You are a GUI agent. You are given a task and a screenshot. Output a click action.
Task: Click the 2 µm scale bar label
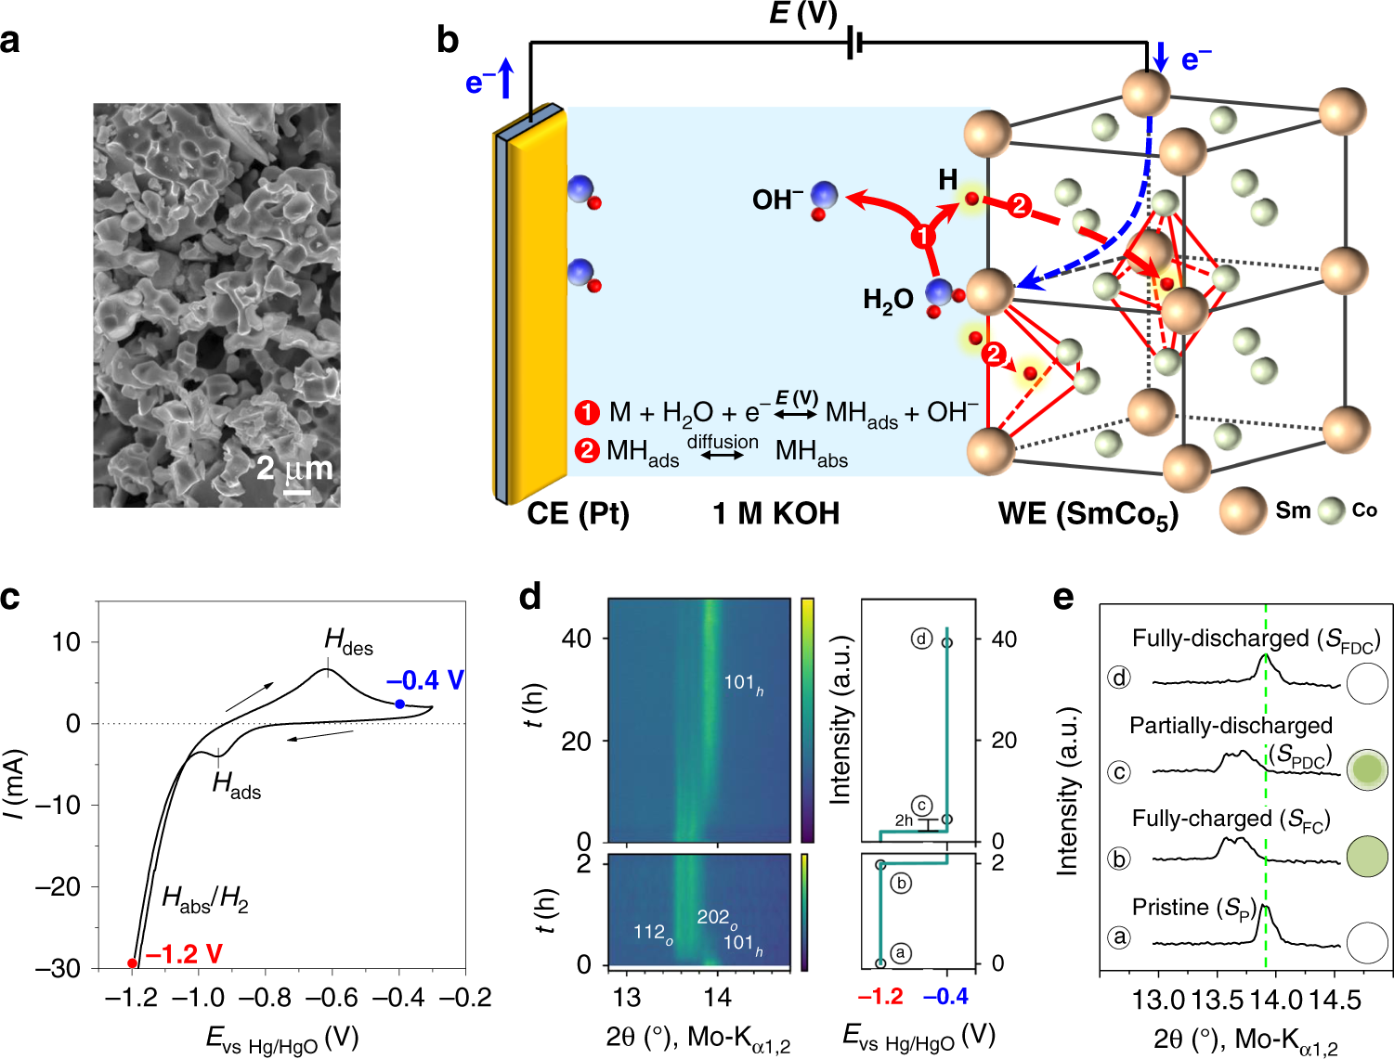click(294, 468)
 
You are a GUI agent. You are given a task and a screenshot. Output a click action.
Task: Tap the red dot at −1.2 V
click(133, 963)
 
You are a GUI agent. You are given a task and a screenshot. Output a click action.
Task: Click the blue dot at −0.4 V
click(399, 704)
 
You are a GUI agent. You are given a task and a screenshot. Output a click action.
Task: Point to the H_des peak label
click(348, 640)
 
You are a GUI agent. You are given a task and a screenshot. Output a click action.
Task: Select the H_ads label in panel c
click(236, 785)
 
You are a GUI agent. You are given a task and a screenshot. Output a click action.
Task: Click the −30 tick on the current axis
click(58, 967)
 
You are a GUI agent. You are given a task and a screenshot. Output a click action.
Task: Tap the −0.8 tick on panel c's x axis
click(266, 998)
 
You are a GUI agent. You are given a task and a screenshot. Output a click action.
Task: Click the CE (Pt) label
click(578, 513)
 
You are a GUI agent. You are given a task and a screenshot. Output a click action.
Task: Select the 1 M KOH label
click(775, 513)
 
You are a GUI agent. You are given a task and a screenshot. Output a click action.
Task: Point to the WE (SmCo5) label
click(1088, 514)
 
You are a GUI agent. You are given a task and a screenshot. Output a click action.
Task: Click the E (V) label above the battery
click(803, 14)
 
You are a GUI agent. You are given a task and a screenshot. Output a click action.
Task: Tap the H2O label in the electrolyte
click(888, 300)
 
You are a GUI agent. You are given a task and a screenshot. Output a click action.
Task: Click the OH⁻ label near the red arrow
click(777, 200)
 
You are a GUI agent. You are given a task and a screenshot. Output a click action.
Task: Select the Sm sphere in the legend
click(1244, 510)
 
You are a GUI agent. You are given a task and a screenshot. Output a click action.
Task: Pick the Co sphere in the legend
click(1332, 510)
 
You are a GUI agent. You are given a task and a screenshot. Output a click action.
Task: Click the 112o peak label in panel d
click(653, 933)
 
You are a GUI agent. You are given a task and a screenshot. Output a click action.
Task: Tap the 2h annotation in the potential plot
click(904, 820)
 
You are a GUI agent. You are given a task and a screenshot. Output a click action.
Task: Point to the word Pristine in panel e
click(1170, 907)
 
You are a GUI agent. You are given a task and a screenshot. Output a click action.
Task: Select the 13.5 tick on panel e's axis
click(1218, 1001)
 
